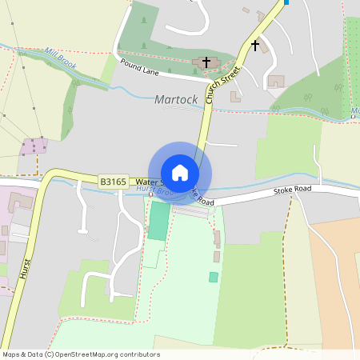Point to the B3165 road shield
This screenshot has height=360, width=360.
click(x=113, y=182)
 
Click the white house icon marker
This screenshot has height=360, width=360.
click(x=180, y=172)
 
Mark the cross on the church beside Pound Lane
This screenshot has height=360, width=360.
click(x=206, y=62)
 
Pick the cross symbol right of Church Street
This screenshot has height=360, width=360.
click(x=255, y=46)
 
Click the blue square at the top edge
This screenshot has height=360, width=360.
click(x=286, y=2)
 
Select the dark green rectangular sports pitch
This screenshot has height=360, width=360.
click(x=159, y=221)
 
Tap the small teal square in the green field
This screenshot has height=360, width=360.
click(x=214, y=277)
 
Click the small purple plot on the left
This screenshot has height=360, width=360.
click(x=34, y=146)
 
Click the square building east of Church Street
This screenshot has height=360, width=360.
click(x=276, y=81)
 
